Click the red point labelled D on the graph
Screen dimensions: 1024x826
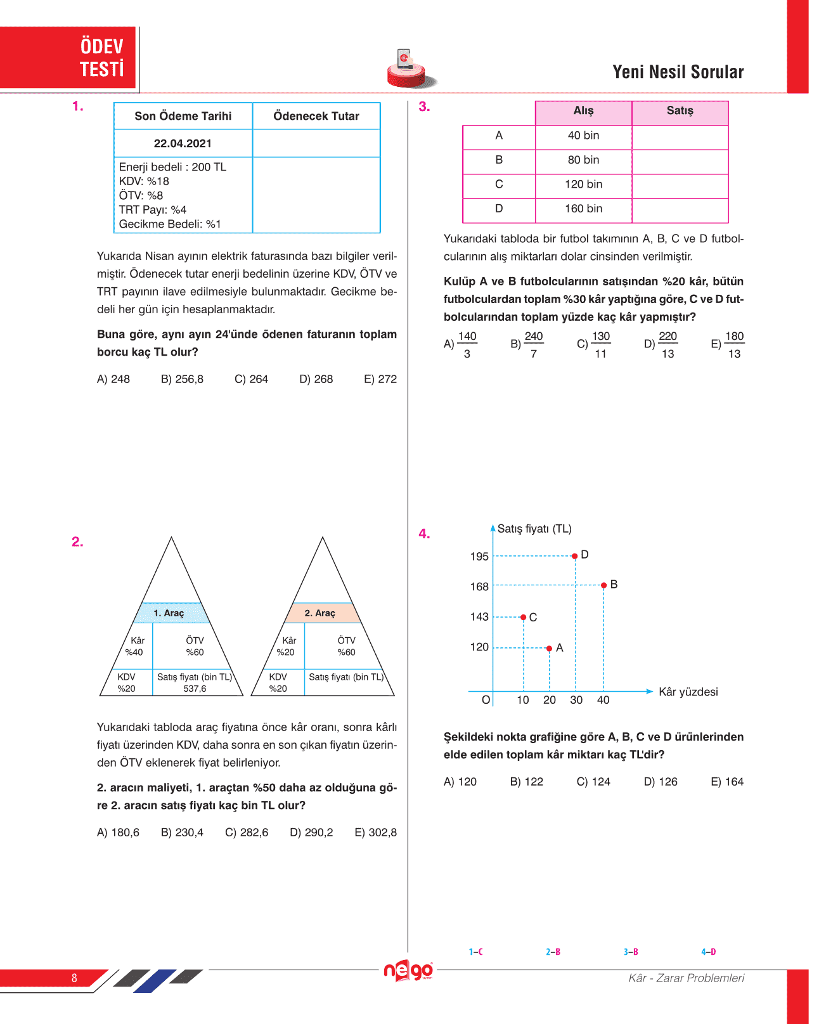(575, 556)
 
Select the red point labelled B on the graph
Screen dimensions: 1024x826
(604, 585)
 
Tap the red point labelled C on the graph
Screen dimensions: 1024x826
(524, 617)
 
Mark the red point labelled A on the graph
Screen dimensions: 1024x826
(549, 648)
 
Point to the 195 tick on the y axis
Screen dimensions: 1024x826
(479, 557)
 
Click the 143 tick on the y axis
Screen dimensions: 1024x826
(479, 617)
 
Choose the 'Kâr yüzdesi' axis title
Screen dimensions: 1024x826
(688, 692)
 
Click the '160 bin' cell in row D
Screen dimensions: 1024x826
(584, 209)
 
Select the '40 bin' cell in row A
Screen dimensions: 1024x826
(584, 136)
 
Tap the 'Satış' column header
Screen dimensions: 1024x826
(680, 111)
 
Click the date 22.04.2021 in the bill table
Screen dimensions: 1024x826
(183, 144)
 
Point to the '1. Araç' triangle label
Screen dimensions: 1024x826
(169, 613)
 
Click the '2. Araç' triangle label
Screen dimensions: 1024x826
(319, 613)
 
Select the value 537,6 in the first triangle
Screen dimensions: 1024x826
(195, 689)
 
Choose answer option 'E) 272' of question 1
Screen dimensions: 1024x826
(380, 379)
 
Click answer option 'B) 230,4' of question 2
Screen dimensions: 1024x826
(182, 833)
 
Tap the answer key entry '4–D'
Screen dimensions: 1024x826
(708, 952)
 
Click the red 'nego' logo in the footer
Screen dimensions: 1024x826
(409, 971)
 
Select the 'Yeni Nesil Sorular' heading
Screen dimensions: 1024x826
(678, 72)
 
